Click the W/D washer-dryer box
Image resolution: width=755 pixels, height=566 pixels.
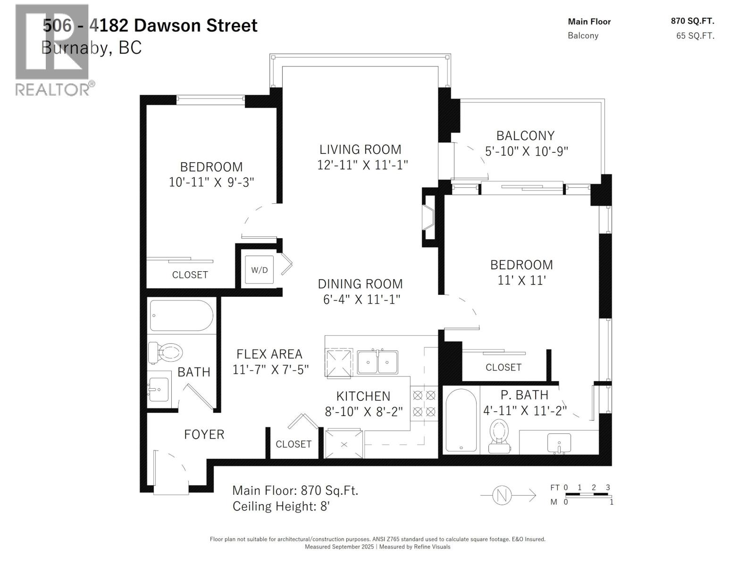pos(259,270)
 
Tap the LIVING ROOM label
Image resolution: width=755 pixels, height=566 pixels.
pos(360,150)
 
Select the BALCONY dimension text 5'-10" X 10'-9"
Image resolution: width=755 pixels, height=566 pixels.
pos(526,151)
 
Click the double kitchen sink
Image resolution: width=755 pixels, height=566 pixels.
pos(377,362)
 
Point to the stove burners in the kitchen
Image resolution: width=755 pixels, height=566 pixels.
pos(424,403)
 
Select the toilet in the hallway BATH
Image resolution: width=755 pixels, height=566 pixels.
pos(166,351)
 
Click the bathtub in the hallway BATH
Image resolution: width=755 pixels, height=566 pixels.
pos(181,316)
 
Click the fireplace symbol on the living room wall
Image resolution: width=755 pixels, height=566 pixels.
pos(429,217)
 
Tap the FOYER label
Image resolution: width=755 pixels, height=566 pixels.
pos(204,434)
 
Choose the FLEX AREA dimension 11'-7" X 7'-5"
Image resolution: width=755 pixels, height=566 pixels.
pos(270,369)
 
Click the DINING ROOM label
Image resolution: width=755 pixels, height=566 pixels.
pos(360,284)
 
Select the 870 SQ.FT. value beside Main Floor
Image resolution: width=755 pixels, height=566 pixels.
pos(692,21)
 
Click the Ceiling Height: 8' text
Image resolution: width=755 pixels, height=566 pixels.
pos(281,507)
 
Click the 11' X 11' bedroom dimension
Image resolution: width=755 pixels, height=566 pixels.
pos(521,280)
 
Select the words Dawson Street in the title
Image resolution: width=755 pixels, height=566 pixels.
pos(196,25)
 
